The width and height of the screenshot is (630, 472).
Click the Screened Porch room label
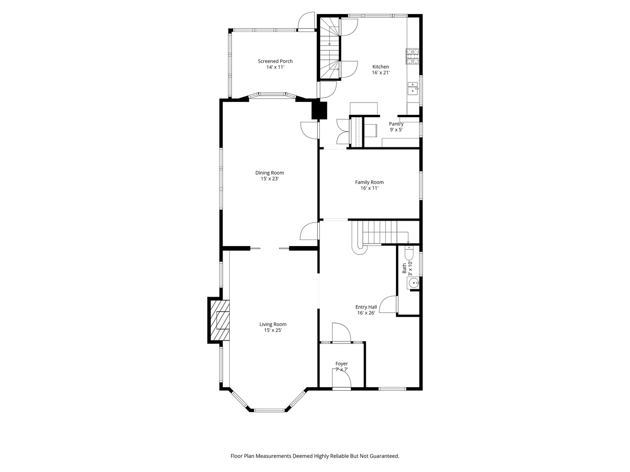coord(275,61)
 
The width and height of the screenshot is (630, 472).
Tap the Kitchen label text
coord(381,67)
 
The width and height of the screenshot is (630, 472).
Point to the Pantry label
coord(396,124)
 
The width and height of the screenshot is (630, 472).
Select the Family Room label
coord(369,182)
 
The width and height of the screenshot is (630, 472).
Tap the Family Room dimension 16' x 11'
coord(369,188)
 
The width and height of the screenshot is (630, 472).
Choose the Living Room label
coord(273,324)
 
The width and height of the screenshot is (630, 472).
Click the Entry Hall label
coord(366,307)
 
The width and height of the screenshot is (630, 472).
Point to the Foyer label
coord(342,364)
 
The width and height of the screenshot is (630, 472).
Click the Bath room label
coord(404,268)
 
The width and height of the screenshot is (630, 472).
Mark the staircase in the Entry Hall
coord(378,233)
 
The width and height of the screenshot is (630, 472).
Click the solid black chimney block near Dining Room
coord(319,110)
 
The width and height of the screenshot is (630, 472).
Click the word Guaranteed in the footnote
coord(384,456)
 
